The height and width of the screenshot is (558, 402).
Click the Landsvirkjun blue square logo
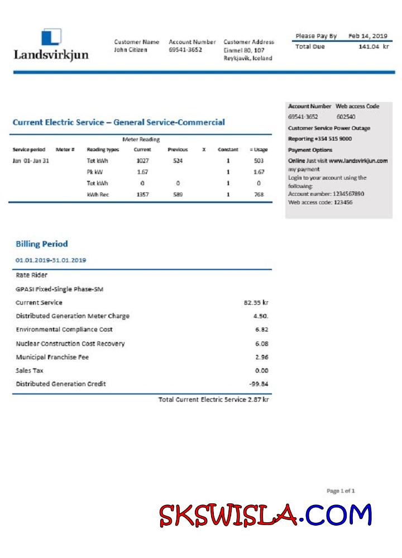coord(51,37)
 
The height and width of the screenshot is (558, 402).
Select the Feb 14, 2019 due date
coord(368,36)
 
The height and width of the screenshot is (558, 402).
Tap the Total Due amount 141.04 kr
coord(373,47)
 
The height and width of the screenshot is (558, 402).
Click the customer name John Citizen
coord(131,50)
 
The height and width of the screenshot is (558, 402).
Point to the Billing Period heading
coord(42,244)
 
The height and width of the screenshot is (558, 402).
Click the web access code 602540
coord(346,117)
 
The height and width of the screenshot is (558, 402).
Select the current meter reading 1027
coord(142,161)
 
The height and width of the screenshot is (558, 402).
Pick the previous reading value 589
coord(178,194)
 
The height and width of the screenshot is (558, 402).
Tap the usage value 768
coord(259,194)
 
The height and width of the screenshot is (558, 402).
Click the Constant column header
coord(228,150)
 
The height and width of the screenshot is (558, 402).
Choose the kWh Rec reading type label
coord(98,194)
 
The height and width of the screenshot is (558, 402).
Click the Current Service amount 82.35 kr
coord(256,302)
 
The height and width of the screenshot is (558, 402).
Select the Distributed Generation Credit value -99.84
coord(259,384)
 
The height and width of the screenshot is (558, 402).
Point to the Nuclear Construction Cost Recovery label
coord(70,344)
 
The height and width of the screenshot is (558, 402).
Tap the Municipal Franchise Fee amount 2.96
coord(261,357)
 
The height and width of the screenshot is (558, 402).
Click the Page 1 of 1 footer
coord(341,491)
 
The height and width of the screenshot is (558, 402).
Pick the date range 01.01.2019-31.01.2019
coord(51,260)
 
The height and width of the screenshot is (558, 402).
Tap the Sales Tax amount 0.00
coord(261,371)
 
